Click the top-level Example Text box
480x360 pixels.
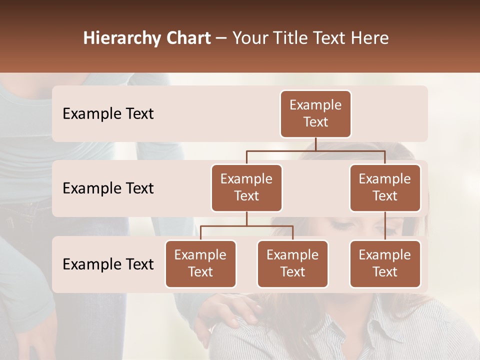315,114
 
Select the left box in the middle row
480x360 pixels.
246,188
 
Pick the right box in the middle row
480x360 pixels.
385,188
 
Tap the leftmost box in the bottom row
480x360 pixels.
200,264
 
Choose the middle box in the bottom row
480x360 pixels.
292,264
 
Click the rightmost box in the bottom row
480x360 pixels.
385,264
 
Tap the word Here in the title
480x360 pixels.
370,38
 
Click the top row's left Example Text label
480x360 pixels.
108,114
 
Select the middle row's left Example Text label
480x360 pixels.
108,188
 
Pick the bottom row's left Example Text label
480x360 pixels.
108,264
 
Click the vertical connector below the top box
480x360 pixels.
315,144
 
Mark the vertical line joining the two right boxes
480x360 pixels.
385,226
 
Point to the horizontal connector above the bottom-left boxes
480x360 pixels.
246,226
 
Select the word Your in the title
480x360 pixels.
248,38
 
